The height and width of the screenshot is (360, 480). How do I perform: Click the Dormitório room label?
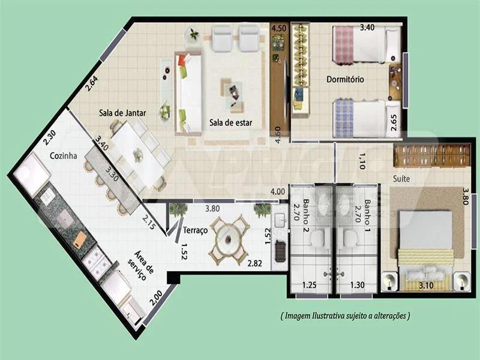[x=346, y=79]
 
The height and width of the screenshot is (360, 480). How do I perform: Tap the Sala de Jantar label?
[x=122, y=113]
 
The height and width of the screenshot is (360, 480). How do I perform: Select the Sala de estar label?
[x=231, y=123]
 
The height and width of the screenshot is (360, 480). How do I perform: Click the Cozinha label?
[x=64, y=156]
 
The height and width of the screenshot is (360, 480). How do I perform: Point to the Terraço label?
[x=196, y=230]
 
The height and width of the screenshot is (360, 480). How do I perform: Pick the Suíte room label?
[x=401, y=179]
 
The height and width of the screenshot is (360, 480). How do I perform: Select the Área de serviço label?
[x=144, y=265]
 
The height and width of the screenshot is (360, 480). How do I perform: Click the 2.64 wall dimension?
[x=91, y=83]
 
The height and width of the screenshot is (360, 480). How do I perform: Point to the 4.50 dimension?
[x=279, y=28]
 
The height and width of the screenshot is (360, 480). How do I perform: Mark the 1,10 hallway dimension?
[x=362, y=161]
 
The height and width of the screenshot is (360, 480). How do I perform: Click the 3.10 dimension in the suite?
[x=426, y=286]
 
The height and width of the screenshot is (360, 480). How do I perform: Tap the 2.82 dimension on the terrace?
[x=254, y=263]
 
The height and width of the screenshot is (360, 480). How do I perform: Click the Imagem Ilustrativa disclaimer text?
[x=345, y=316]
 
